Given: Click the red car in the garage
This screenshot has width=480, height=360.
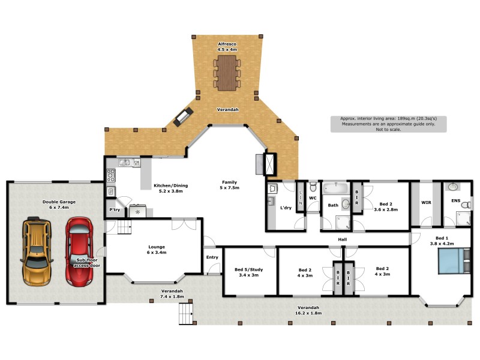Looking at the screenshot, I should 78,251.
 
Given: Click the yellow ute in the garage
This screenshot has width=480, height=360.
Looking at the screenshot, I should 37,252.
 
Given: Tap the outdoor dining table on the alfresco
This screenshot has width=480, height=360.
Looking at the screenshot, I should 227,73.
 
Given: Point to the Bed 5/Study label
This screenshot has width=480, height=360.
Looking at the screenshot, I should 250,272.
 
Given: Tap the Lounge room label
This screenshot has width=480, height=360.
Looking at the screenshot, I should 156,249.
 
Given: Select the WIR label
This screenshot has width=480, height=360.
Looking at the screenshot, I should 426,203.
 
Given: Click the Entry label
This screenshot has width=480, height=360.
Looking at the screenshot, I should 212,257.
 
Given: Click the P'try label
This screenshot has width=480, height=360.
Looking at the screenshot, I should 114,210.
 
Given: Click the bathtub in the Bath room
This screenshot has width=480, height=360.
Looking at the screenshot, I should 334,189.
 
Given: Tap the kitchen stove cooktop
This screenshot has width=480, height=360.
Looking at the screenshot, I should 111,175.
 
